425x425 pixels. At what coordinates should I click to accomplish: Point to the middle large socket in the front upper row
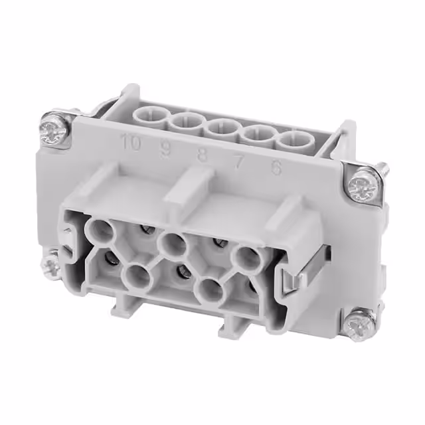pyautogui.click(x=173, y=244)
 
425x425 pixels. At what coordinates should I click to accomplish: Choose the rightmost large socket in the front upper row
pyautogui.click(x=246, y=258)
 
